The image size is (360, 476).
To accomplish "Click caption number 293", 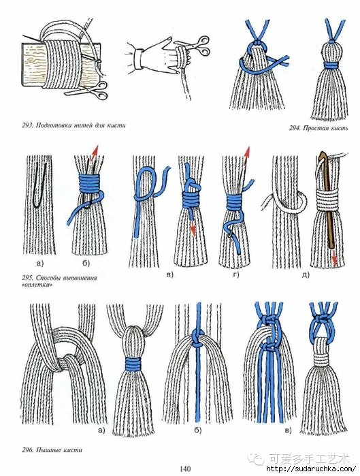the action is coord(28,125).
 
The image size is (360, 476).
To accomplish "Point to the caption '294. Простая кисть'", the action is coord(318,128).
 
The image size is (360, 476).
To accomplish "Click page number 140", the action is coord(185,469).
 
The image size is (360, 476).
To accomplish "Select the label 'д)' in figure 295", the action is coord(306,275).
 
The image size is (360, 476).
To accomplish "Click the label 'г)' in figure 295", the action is coord(236,275).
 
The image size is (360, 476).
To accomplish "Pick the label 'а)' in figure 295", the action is coord(40,264).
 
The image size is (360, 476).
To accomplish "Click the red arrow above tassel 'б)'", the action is coord(95,151).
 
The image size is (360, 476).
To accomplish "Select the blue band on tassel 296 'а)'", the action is coord(133,364).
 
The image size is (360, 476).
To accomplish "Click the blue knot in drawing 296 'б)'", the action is coord(198,338).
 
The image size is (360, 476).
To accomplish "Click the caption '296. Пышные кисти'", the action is coord(52,449).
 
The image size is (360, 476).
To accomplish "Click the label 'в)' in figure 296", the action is coord(288,430).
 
